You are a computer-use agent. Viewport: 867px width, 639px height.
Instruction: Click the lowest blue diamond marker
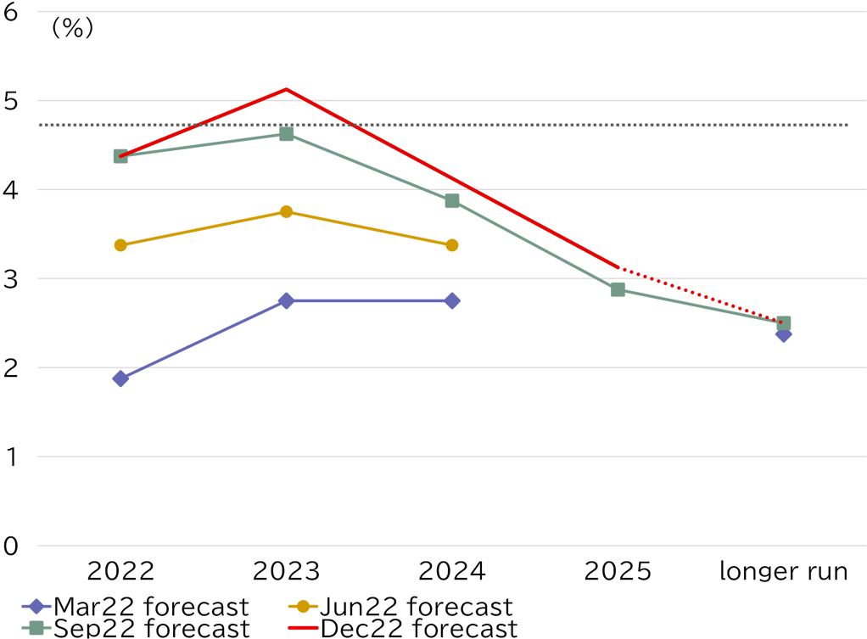(120, 378)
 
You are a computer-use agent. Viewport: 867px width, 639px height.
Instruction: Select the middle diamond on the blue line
(286, 300)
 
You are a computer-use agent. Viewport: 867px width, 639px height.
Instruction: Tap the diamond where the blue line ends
(452, 300)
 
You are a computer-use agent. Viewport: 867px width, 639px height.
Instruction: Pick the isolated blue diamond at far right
(783, 334)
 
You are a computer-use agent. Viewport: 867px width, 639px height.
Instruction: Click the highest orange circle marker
(286, 211)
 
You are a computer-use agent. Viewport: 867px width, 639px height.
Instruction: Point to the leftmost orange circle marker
(120, 245)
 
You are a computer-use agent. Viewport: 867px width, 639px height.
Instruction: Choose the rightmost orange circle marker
(452, 245)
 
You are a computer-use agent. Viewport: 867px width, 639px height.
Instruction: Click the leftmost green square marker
(120, 156)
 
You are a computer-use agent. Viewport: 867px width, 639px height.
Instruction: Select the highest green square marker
(286, 134)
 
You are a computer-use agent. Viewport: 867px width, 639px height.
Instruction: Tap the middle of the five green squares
(452, 200)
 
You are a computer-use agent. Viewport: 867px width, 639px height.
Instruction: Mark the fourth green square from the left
(618, 289)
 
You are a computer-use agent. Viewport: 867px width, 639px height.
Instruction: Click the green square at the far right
(783, 322)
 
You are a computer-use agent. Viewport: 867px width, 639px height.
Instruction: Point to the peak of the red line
(286, 88)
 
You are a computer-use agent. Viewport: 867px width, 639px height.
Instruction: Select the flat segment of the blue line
(369, 300)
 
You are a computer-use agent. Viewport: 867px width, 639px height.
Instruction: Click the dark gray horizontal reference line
(526, 125)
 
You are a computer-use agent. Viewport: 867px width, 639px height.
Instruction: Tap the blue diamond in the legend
(36, 606)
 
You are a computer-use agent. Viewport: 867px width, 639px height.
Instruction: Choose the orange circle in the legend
(303, 606)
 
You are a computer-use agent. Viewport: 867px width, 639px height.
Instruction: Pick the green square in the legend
(36, 628)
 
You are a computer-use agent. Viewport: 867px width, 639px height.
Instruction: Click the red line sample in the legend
(303, 628)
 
